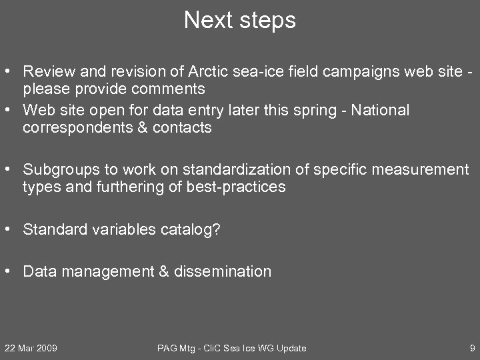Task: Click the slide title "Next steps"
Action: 240,20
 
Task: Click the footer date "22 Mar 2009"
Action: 31,348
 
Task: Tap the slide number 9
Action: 472,348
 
